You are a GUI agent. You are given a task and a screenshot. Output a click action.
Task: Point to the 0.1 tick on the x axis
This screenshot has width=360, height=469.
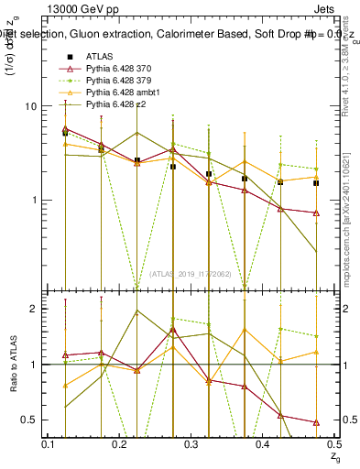(x=49, y=444)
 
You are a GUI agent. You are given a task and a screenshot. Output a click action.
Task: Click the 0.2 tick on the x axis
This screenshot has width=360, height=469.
(x=120, y=444)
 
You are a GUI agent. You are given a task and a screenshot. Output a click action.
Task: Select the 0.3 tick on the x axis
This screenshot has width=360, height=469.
(x=191, y=444)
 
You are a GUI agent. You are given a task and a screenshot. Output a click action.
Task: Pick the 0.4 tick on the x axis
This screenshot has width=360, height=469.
(x=263, y=444)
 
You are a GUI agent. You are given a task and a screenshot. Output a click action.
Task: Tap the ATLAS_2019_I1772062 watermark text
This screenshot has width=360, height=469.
(x=191, y=274)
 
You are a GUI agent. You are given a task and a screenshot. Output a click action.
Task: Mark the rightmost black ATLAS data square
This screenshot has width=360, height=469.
(x=316, y=183)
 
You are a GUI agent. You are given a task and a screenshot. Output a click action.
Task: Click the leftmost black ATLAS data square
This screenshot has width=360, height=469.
(x=65, y=133)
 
